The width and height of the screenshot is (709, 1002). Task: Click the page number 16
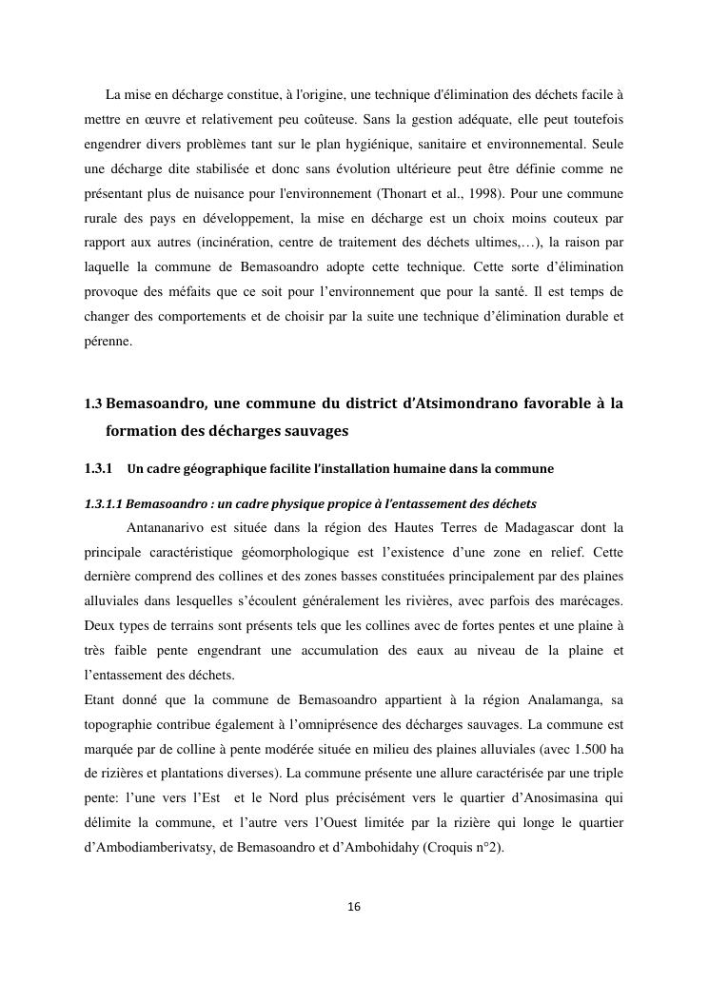[x=354, y=907]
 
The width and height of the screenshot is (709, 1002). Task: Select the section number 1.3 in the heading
[x=93, y=404]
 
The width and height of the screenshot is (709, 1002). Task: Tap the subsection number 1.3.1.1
[x=104, y=503]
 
